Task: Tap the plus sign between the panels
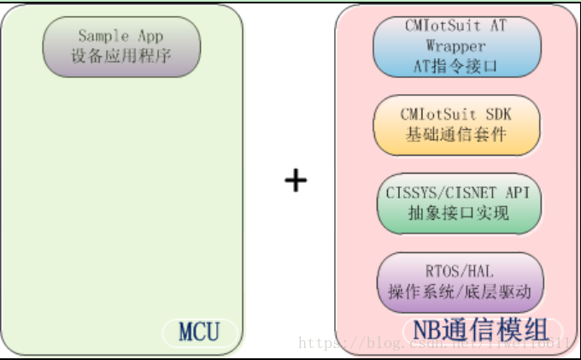[295, 180]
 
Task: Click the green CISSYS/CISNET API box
[459, 203]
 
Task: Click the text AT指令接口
[457, 65]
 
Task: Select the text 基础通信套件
[457, 134]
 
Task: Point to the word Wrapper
[456, 45]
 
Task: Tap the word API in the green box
[514, 192]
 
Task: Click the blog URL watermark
[436, 343]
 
